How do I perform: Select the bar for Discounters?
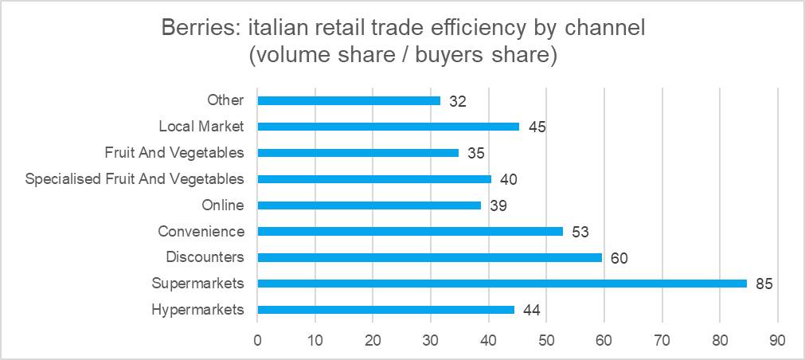tap(430, 257)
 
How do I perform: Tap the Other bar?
tap(349, 100)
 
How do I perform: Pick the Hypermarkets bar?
tap(385, 309)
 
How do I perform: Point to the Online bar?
tap(369, 205)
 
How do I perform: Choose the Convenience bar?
tap(410, 231)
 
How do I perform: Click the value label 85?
tap(764, 284)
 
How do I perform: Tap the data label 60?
tap(619, 257)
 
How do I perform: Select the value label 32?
tap(457, 101)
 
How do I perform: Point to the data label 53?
tap(580, 232)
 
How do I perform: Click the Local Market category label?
tap(201, 127)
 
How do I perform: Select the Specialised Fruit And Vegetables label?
tap(135, 178)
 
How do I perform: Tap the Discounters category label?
tap(205, 256)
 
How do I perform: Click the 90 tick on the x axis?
tap(778, 340)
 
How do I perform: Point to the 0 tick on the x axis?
tap(258, 340)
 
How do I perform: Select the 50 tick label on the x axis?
tap(546, 340)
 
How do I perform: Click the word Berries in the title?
tap(200, 28)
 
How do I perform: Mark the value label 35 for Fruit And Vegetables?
tap(476, 153)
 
